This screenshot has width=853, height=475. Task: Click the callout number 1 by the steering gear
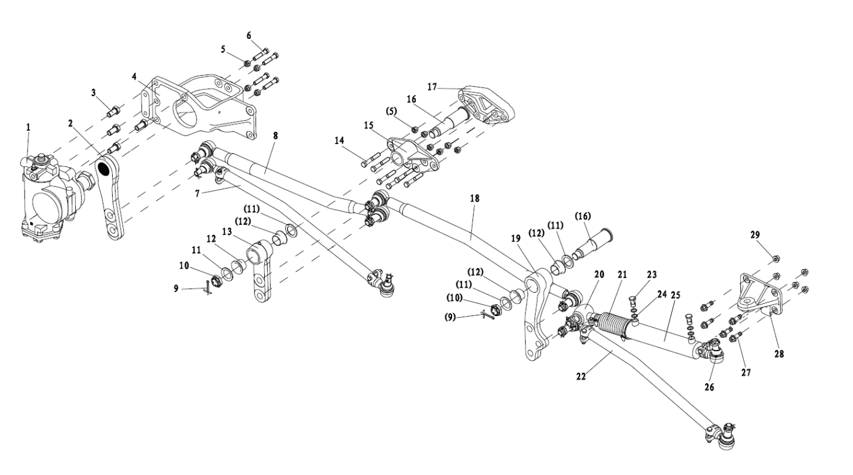(28, 127)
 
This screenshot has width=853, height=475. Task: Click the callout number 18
(474, 198)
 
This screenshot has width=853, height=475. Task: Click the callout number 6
(249, 35)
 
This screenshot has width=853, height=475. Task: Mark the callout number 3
(94, 92)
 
